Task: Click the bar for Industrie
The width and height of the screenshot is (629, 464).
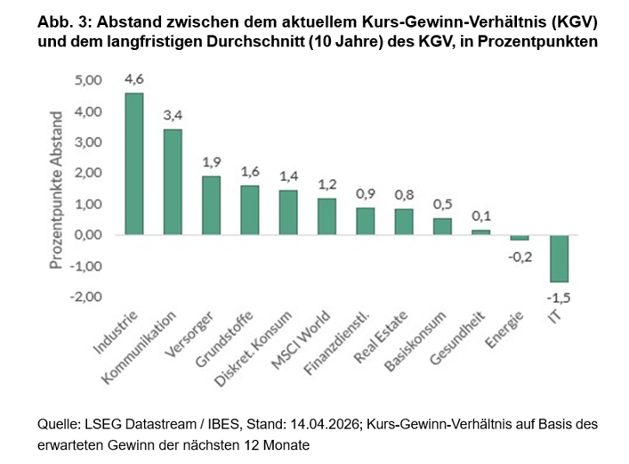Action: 134,164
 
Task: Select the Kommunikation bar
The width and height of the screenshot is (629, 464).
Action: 173,182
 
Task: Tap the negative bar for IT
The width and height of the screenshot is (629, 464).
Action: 559,257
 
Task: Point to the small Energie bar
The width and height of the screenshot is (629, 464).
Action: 520,238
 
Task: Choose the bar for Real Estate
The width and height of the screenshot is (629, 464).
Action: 404,222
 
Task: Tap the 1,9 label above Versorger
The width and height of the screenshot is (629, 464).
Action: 211,163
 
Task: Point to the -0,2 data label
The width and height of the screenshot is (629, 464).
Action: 520,256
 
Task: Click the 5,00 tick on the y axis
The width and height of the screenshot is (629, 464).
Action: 89,81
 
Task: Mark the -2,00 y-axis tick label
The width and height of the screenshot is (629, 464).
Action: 87,297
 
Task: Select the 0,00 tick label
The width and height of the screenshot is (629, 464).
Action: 89,235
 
